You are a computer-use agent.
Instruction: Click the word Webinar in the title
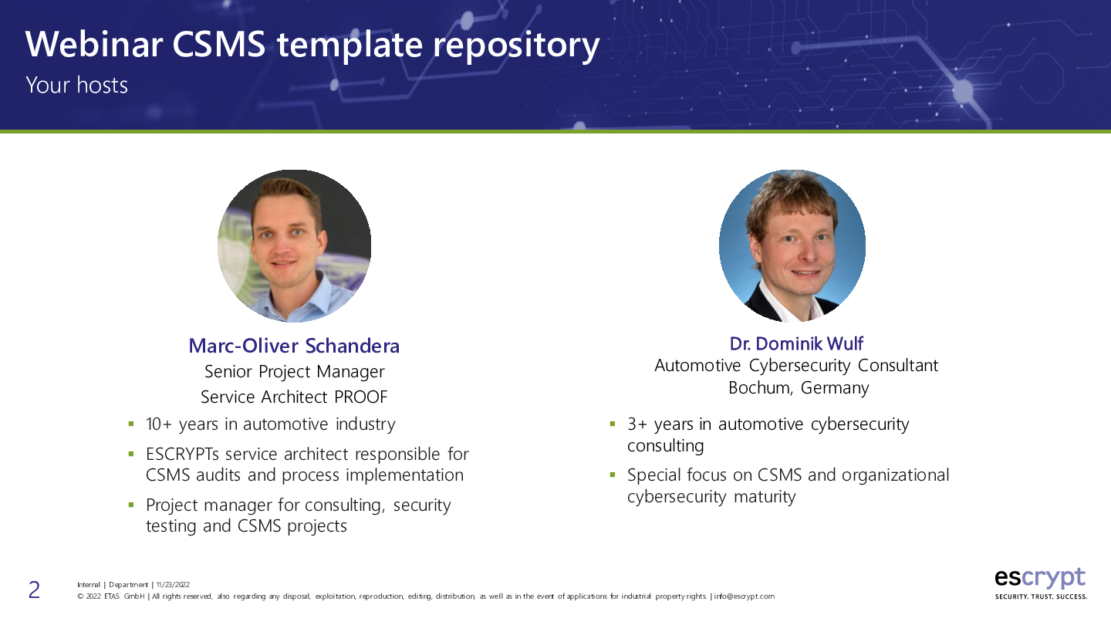94,44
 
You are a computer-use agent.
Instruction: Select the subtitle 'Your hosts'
77,86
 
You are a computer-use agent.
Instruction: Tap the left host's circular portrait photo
294,246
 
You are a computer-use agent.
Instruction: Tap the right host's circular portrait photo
792,246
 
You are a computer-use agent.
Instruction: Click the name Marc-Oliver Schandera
294,346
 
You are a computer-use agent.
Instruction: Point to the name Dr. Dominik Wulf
796,343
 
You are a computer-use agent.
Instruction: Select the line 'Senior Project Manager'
294,372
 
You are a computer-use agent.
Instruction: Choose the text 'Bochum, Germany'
799,387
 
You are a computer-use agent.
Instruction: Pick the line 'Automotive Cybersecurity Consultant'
796,366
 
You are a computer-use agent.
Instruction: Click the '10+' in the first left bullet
159,424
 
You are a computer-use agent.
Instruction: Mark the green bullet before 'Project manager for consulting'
131,505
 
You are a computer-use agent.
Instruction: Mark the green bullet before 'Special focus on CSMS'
613,475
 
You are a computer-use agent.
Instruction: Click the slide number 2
34,590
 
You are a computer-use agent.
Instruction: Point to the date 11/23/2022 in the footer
173,585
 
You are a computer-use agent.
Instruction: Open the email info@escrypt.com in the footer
744,596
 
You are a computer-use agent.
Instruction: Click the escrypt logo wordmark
1040,578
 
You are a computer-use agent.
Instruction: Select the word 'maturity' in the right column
765,497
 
